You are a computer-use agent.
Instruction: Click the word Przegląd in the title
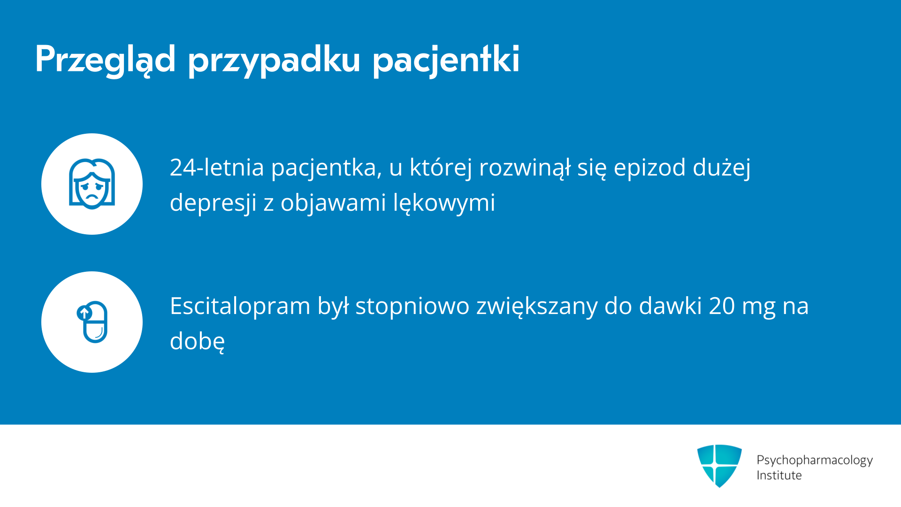point(106,60)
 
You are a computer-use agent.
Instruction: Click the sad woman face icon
point(92,184)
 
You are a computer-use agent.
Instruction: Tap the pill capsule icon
point(92,322)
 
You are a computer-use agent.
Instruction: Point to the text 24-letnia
point(217,167)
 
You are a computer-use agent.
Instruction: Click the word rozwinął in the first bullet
point(525,167)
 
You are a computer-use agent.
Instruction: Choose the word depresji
point(213,203)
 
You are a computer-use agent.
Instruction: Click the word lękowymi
point(444,203)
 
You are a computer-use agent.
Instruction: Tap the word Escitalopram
point(240,306)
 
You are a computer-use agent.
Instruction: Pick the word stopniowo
point(412,306)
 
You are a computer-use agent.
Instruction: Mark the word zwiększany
point(537,306)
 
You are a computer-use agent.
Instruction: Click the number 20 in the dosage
point(722,306)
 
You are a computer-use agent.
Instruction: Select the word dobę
point(197,341)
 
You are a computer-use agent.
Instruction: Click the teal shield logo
point(719,466)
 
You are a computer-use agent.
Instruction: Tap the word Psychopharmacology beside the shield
point(815,460)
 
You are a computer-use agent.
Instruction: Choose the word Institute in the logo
point(779,475)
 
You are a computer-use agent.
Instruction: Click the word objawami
point(333,203)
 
